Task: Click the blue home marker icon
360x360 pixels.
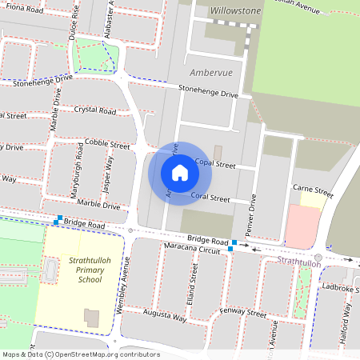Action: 180,172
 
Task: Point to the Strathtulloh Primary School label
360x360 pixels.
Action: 85,270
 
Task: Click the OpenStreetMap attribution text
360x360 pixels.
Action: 81,354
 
